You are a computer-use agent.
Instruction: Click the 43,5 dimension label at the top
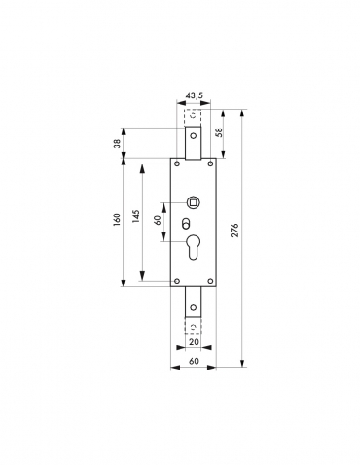point(195,95)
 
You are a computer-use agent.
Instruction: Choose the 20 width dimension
point(195,345)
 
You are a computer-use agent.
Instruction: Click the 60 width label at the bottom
point(194,362)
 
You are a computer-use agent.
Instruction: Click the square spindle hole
point(195,202)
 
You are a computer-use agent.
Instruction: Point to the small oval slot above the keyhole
point(185,226)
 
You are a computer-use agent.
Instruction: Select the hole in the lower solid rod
point(195,305)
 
